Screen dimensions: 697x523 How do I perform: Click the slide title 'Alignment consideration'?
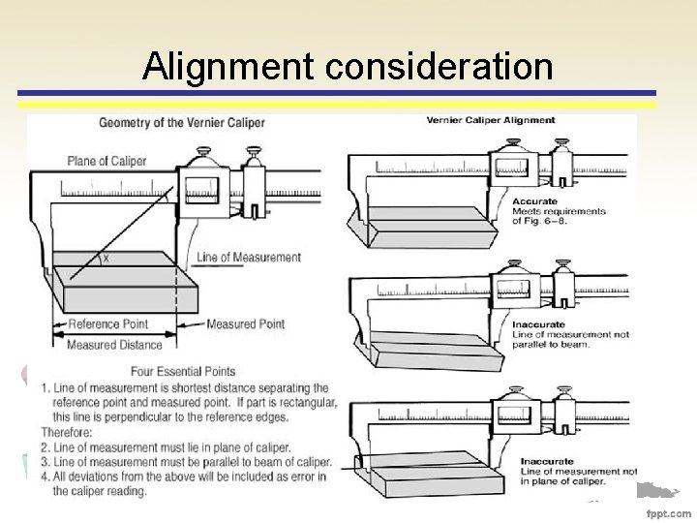(348, 66)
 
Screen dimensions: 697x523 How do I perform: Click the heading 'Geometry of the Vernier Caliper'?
(181, 123)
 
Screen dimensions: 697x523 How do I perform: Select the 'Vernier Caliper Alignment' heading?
(491, 120)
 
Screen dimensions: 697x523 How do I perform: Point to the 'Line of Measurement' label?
(249, 257)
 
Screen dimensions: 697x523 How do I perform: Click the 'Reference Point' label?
(108, 324)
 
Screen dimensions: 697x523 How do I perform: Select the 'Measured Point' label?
(246, 324)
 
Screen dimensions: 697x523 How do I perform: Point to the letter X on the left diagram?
(106, 259)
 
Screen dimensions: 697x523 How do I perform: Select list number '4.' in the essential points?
(45, 476)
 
